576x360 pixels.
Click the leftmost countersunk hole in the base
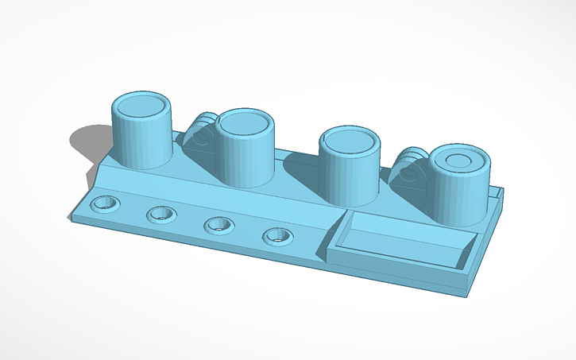coord(104,203)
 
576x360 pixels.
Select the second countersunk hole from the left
coord(161,214)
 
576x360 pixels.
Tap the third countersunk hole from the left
coord(218,225)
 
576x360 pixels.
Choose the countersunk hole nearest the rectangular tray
coord(276,235)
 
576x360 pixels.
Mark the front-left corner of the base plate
coord(71,215)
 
